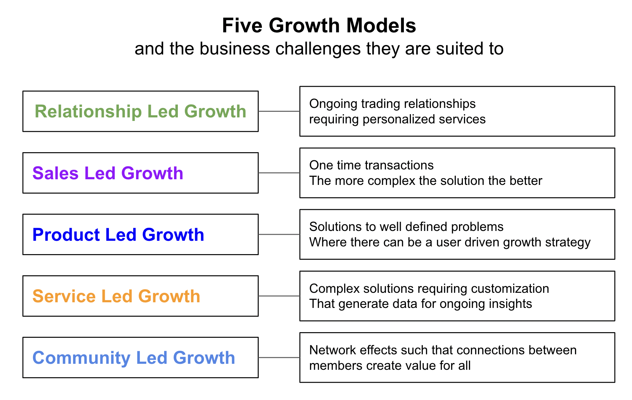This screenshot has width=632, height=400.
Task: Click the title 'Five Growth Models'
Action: pyautogui.click(x=319, y=26)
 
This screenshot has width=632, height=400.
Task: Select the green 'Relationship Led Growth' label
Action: pyautogui.click(x=140, y=111)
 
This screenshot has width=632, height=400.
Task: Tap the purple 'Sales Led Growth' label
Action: pyautogui.click(x=108, y=173)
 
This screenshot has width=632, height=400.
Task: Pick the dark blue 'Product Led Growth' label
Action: pyautogui.click(x=118, y=234)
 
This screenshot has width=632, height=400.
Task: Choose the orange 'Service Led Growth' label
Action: pyautogui.click(x=116, y=296)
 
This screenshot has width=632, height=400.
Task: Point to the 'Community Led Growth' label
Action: pyautogui.click(x=134, y=358)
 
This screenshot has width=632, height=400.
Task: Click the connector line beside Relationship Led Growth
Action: pyautogui.click(x=279, y=111)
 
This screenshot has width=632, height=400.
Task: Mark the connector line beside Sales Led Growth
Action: pyautogui.click(x=279, y=173)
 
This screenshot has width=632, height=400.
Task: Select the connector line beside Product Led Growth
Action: pyautogui.click(x=279, y=234)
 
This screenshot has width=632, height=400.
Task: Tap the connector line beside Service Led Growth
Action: pyautogui.click(x=279, y=296)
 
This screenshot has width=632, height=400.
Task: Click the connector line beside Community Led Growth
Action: pyautogui.click(x=279, y=357)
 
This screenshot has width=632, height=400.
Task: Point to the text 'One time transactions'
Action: pyautogui.click(x=371, y=165)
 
